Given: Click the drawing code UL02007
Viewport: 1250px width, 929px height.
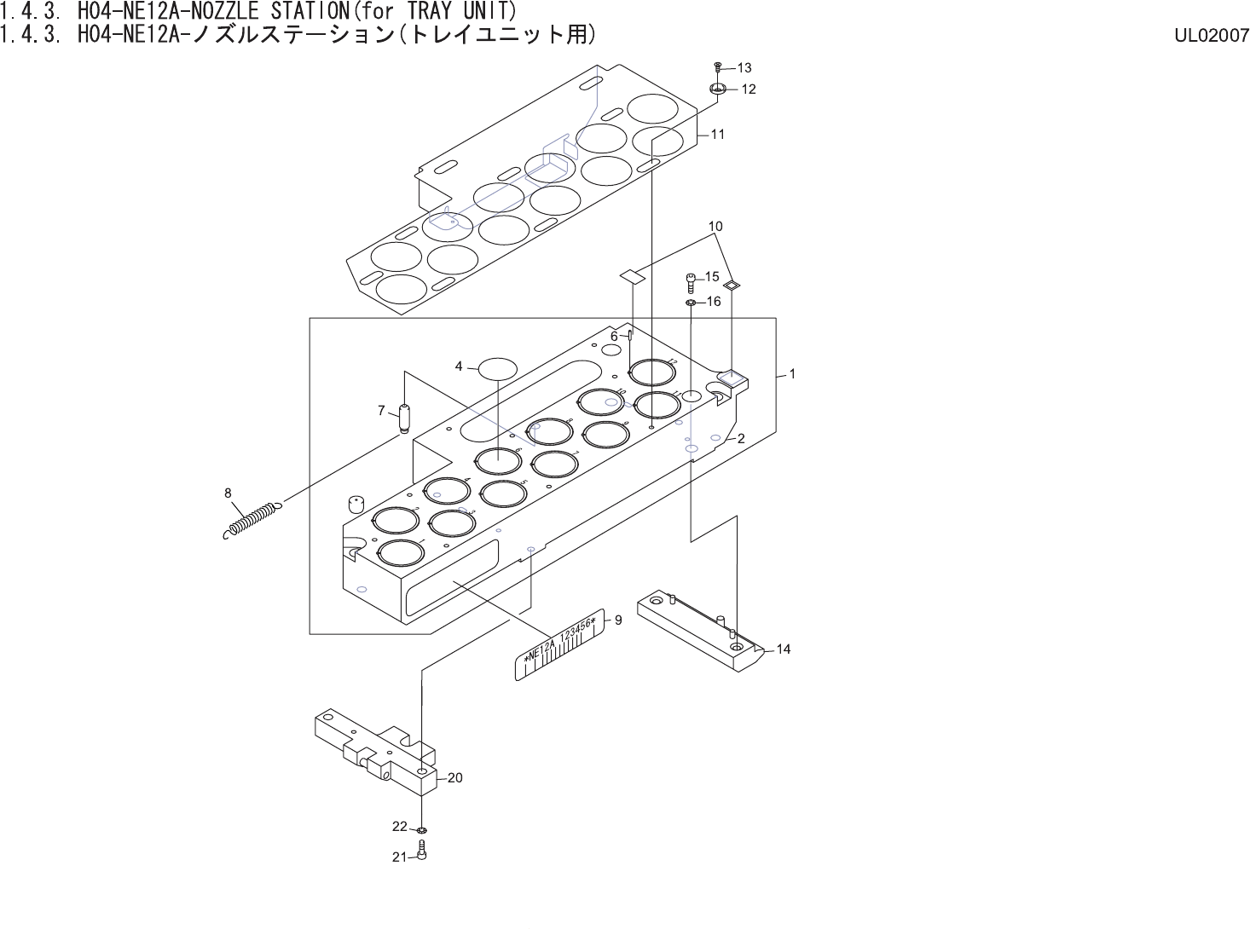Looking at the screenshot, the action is coord(1211,35).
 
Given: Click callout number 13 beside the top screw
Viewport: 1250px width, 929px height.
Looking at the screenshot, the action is coord(744,67).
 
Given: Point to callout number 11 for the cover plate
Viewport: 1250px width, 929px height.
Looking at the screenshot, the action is coord(718,134).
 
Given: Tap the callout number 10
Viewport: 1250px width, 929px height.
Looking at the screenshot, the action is coord(715,227).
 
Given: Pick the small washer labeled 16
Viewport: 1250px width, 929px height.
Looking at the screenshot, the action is coord(691,302).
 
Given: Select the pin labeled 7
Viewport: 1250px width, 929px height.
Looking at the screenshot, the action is coord(405,418).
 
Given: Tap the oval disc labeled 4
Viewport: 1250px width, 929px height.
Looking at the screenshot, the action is coord(498,368).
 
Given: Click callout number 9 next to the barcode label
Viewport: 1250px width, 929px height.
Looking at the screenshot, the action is coord(618,620).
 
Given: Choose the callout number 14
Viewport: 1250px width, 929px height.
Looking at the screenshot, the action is coord(784,649).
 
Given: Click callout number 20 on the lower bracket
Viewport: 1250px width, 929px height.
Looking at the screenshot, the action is coord(454,777).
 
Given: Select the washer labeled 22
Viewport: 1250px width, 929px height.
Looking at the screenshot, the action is coord(422,829).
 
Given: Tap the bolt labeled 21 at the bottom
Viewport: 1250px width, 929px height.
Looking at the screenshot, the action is coord(422,851).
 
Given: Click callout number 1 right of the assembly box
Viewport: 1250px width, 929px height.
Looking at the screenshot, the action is coord(792,373).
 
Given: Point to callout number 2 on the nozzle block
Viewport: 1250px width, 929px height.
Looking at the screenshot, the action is coord(741,438).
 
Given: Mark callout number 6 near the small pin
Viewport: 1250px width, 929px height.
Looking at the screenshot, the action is coord(614,337).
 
